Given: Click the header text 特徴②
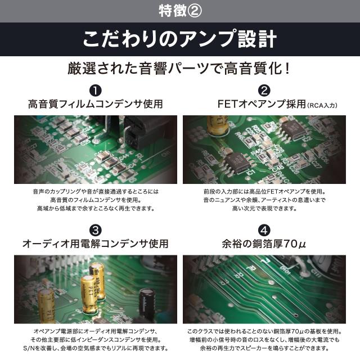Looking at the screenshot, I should [179, 10].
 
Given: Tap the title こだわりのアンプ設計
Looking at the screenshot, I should [179, 39].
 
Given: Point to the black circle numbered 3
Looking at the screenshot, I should [96, 230].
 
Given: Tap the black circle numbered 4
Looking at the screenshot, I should [264, 230].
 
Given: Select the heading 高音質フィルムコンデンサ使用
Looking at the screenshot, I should [96, 104].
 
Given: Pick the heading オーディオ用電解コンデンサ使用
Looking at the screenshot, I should [96, 244].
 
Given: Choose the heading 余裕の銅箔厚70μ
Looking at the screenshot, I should [264, 244].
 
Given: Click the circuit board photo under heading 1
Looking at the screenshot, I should [96, 149].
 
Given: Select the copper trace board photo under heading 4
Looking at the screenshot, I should [264, 289].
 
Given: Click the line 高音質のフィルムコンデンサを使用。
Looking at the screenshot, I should [96, 200].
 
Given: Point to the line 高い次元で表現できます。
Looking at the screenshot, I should [264, 208].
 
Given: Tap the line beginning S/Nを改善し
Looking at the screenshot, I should [96, 349].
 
